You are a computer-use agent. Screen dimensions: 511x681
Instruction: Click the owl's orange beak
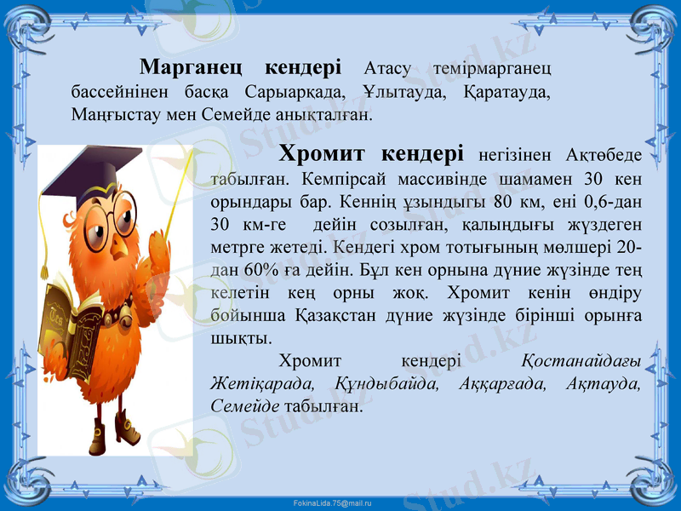pyautogui.click(x=122, y=243)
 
